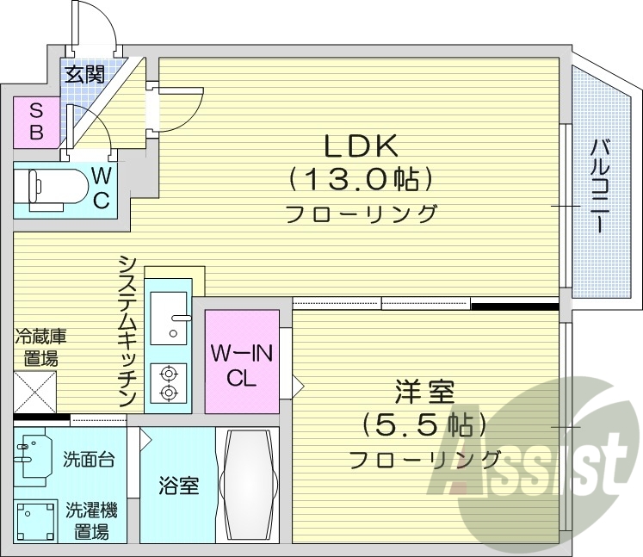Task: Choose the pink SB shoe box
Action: [36, 121]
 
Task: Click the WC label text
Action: [101, 189]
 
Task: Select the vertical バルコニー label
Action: [599, 185]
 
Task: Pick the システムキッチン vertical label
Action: [128, 331]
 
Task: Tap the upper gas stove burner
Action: [168, 374]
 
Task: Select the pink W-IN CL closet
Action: [242, 365]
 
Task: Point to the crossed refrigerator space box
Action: [34, 392]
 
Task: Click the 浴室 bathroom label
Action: [178, 486]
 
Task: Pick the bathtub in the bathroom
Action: [250, 485]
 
